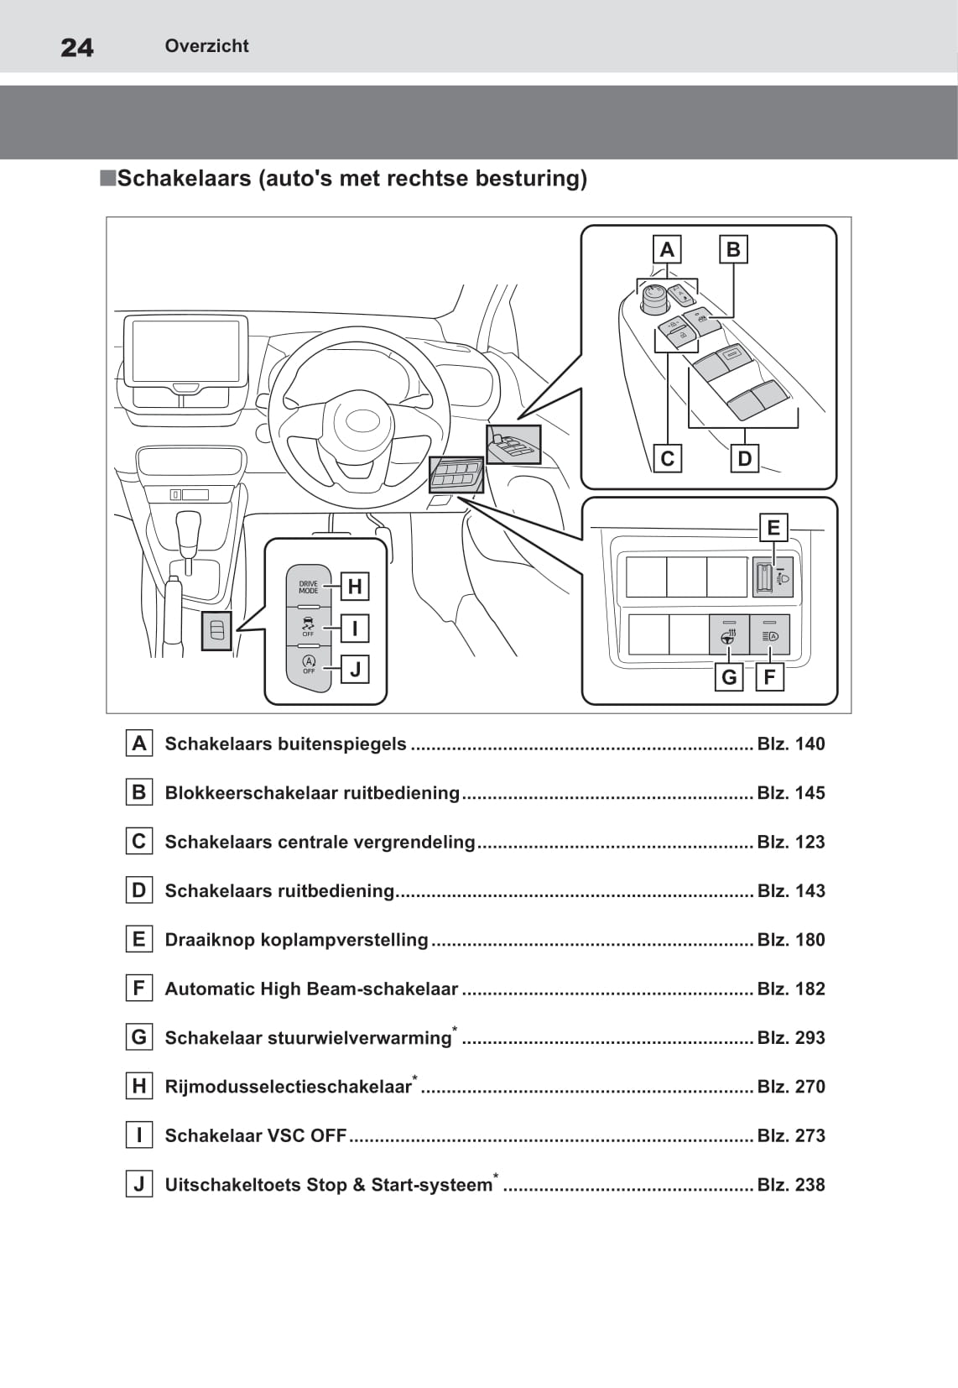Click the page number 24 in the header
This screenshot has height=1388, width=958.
tap(77, 47)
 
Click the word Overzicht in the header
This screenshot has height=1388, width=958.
tap(206, 46)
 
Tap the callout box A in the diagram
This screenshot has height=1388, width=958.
tap(667, 249)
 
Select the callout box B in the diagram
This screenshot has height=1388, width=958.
tap(733, 249)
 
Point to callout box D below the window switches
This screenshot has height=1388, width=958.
tap(744, 458)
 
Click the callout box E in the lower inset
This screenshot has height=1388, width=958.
tap(773, 527)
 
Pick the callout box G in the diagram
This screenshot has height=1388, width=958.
tap(729, 676)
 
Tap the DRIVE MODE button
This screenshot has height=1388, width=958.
tap(309, 587)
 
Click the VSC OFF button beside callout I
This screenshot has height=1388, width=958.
tap(308, 627)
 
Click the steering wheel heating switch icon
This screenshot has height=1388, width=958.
tap(729, 635)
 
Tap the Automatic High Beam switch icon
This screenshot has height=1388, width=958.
tap(770, 635)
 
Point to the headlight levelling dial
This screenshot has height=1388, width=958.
tap(764, 577)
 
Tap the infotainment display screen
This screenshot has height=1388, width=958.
tap(185, 350)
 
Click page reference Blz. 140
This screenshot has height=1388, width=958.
tap(790, 744)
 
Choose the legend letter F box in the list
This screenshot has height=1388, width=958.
tap(139, 988)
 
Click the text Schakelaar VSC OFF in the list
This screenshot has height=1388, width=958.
tap(255, 1135)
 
